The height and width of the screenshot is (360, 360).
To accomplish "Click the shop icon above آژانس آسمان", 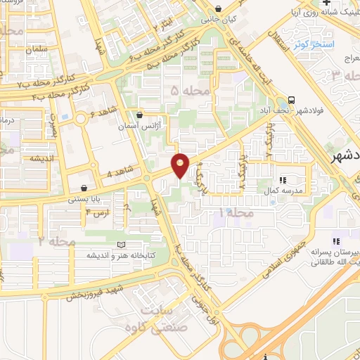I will click(x=140, y=115).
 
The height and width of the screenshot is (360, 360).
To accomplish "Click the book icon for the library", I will click(x=121, y=245).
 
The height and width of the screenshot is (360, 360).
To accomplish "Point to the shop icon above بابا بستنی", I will click(x=84, y=188).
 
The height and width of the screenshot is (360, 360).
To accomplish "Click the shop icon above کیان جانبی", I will click(x=220, y=9).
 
